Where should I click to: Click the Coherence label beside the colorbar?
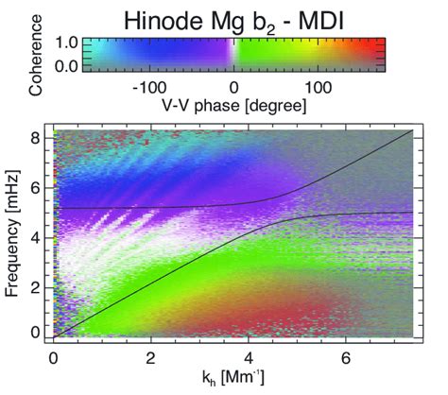35,55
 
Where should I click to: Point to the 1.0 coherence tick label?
66,43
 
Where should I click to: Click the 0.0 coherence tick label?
66,66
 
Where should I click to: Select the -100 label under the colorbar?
149,88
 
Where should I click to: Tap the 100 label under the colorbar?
319,88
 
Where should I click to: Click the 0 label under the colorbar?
233,88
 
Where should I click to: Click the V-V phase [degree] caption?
233,106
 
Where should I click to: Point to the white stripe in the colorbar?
233,55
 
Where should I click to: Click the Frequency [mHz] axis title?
12,232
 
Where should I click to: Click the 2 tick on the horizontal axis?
151,358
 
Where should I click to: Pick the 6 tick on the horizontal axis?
346,358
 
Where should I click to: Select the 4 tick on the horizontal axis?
249,358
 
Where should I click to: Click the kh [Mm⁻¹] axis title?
233,377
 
